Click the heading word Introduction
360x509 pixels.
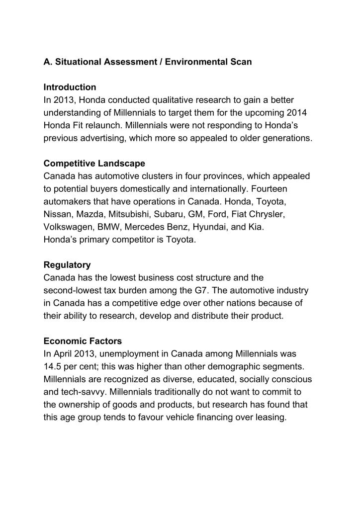(x=70, y=87)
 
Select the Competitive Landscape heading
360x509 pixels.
(x=94, y=164)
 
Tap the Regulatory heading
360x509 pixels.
(x=67, y=265)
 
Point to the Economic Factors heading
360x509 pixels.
(x=83, y=341)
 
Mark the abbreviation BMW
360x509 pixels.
(x=112, y=227)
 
